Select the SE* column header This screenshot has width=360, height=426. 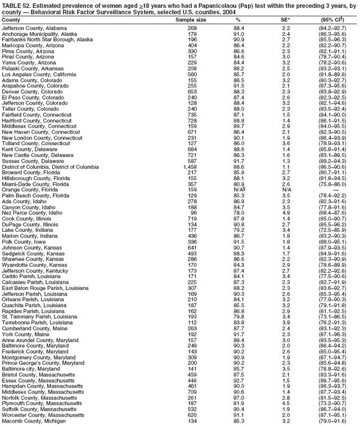pos(286,19)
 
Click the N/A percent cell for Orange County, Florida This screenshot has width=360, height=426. pos(239,190)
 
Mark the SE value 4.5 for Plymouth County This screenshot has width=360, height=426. pos(286,403)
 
